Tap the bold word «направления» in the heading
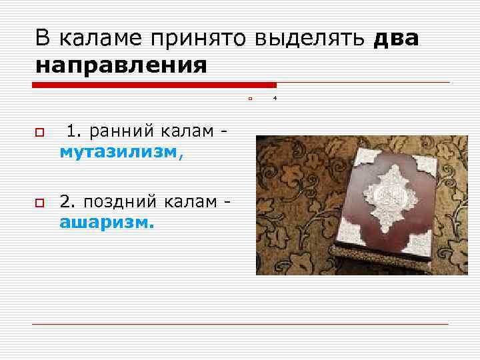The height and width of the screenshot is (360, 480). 121,66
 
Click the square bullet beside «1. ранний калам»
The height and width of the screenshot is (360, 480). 39,135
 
